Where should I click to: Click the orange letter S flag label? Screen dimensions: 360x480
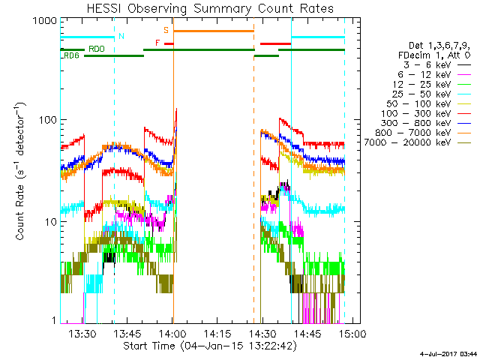click(166, 31)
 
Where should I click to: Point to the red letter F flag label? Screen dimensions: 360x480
click(157, 43)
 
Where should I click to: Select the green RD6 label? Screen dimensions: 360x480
click(72, 56)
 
